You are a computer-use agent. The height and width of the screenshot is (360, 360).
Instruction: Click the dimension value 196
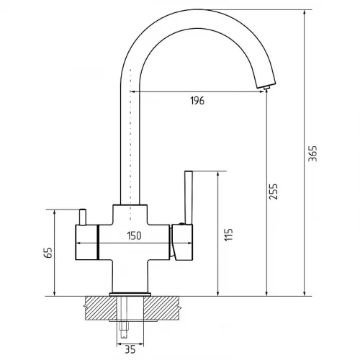tap(197, 101)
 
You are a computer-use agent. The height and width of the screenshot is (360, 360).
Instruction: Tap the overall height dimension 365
tap(312, 153)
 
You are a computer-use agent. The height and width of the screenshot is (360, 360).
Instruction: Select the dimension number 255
tap(273, 192)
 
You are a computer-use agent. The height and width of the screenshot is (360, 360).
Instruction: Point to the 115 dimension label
tap(229, 234)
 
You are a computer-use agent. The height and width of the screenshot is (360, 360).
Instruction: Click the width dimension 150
tap(134, 235)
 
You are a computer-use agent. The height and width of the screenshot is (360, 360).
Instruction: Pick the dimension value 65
tap(48, 253)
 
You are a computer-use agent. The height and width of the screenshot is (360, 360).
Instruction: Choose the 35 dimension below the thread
tap(130, 349)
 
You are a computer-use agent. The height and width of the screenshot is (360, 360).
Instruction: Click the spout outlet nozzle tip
tap(266, 88)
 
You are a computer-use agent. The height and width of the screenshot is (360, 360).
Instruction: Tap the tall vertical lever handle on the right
tap(189, 197)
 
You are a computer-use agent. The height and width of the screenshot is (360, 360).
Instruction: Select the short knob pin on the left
tap(83, 217)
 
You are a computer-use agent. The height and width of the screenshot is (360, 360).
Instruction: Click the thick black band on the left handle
tap(98, 242)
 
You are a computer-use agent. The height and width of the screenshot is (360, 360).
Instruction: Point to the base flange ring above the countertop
tap(130, 294)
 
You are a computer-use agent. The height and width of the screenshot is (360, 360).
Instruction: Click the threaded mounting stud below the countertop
tap(124, 317)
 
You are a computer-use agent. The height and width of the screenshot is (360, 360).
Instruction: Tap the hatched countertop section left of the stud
tap(101, 308)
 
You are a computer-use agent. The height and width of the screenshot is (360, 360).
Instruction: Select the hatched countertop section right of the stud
tap(161, 308)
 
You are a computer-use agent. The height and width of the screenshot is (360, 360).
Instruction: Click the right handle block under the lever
tap(183, 242)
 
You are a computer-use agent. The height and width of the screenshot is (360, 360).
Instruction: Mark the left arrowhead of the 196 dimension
tap(132, 91)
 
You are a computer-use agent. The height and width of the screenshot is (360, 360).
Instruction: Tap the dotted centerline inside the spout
tap(130, 144)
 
